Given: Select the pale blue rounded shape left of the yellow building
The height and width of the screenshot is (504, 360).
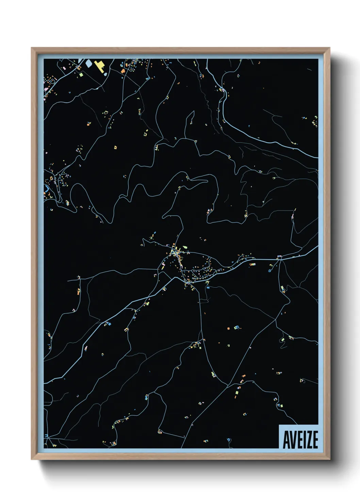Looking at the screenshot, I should click(x=88, y=63).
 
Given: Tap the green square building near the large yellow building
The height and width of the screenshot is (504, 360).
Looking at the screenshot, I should click(x=81, y=74).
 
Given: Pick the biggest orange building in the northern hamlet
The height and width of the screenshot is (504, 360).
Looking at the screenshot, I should click(x=123, y=71).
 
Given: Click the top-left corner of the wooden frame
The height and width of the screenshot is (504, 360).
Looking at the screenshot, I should click(x=32, y=48).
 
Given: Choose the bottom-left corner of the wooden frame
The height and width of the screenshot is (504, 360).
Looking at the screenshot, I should click(x=32, y=459).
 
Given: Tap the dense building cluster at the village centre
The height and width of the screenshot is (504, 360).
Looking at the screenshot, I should click(x=176, y=253).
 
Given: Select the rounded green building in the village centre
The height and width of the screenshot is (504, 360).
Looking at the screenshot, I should click(x=185, y=247).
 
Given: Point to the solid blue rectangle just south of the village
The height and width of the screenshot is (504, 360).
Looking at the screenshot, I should click(x=208, y=288).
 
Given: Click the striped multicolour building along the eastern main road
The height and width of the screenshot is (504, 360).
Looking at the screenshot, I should click(x=252, y=264).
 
